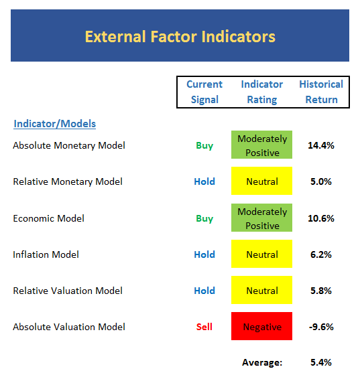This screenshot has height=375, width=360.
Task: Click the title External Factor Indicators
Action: [180, 37]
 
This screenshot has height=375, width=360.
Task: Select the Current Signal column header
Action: [204, 92]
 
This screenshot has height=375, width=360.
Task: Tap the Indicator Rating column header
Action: [262, 92]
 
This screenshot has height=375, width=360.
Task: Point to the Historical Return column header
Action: [321, 92]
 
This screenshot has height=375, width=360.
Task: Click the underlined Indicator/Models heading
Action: [54, 124]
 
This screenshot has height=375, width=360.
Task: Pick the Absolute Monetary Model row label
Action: [69, 145]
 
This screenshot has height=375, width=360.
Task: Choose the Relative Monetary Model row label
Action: [68, 181]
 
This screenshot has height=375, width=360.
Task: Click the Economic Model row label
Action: [48, 218]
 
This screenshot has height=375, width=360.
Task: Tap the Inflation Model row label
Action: [46, 254]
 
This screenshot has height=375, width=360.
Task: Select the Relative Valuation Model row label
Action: [68, 291]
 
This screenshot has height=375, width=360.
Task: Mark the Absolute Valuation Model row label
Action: [69, 327]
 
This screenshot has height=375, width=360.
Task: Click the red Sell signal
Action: [204, 327]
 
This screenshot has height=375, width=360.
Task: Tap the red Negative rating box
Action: [261, 326]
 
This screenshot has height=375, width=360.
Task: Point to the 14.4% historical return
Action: [321, 145]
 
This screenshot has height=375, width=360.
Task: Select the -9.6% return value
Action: [321, 327]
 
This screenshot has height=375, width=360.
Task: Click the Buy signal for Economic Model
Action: [204, 219]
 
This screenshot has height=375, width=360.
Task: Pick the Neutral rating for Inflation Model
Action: [261, 254]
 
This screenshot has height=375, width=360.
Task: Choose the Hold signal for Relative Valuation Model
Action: [204, 291]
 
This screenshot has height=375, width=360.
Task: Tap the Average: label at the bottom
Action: [262, 362]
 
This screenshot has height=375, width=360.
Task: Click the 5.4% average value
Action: [321, 362]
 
